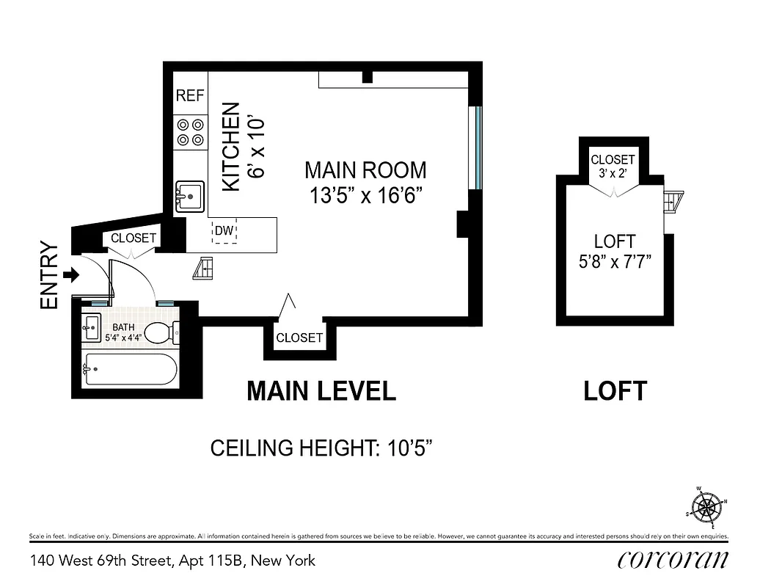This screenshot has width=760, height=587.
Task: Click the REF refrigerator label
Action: coord(189,96)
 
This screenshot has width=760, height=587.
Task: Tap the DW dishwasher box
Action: coord(224,233)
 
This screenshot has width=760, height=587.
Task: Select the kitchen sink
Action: coord(189,197)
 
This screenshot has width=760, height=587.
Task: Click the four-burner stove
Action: coord(190,132)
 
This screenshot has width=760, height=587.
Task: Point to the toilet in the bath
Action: coord(160,333)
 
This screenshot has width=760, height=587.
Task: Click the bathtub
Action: coord(131,369)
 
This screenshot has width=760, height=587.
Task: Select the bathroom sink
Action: coord(91,326)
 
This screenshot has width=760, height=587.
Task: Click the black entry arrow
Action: coord(71,275)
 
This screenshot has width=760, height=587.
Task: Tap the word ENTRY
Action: coord(49,275)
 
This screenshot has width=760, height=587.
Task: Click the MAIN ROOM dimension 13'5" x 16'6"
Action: coord(365,196)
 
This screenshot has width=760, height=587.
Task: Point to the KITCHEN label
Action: coord(231,147)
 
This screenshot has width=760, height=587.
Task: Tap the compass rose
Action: coord(706,506)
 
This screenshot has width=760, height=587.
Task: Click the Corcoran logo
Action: coord(673,560)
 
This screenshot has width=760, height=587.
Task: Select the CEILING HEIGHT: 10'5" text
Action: coord(320,448)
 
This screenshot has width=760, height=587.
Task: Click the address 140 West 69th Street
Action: coord(172,561)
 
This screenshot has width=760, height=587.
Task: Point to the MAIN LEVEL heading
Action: coord(321,391)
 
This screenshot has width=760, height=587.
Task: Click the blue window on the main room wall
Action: coord(478,147)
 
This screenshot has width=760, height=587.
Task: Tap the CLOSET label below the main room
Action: coord(299,338)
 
